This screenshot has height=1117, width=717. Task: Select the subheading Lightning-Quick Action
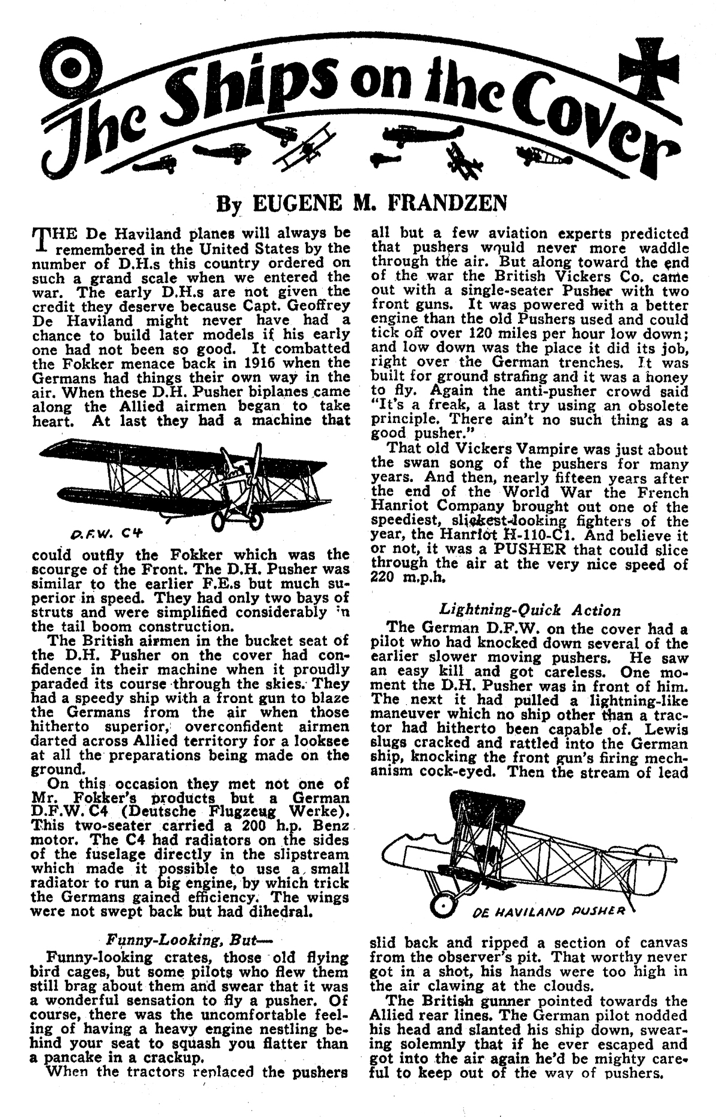[530, 610]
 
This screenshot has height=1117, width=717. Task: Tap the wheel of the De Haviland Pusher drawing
[443, 901]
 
